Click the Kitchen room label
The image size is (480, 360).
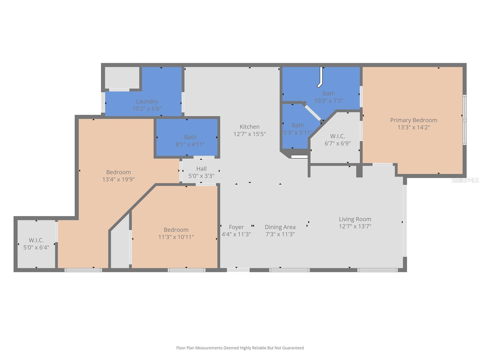coord(249,127)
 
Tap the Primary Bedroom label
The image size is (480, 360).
coord(413,120)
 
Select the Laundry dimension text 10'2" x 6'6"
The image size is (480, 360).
coord(147,109)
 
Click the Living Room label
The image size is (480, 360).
coord(355,219)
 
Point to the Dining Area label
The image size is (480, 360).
coord(280,227)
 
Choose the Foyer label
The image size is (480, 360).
coord(236,227)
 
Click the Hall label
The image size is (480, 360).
coord(201,169)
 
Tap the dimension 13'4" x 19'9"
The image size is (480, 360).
coord(118,179)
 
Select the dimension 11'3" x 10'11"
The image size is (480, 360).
coord(176,237)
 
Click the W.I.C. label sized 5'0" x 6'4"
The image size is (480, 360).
coord(36,240)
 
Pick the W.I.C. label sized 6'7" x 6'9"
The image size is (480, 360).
coord(337,136)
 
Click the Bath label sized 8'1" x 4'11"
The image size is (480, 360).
coord(190,137)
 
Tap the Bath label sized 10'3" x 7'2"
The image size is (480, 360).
coord(328,93)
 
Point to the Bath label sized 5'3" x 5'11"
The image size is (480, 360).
coord(298,125)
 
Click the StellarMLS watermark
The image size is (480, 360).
coord(465,180)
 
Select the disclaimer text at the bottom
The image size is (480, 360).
coord(240,348)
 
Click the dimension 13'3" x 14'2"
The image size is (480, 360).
coord(413,127)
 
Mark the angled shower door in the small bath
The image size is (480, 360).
coord(313,113)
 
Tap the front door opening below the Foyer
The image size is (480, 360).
coord(238,270)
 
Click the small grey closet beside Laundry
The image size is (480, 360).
coord(122,77)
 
